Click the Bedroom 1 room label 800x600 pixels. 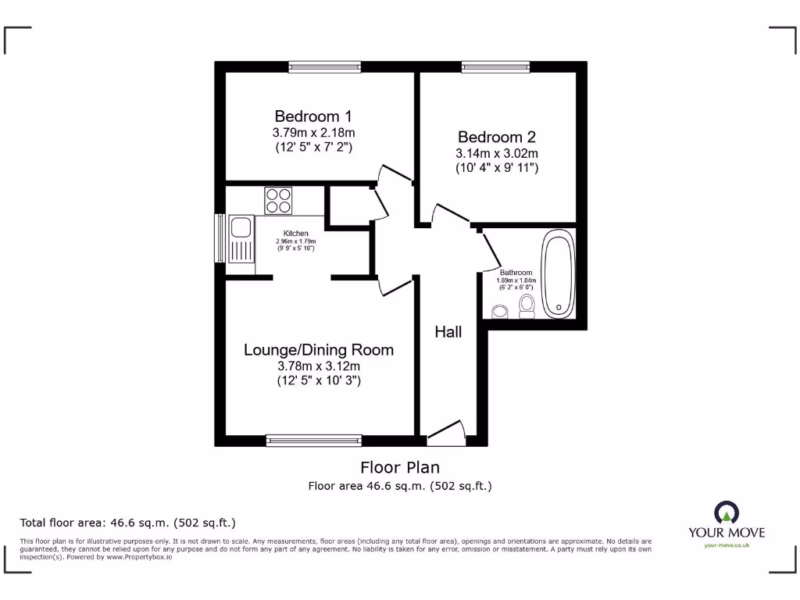[318, 116]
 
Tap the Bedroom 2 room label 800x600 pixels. [497, 136]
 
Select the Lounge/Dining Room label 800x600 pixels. [318, 349]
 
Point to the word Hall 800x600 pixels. [448, 332]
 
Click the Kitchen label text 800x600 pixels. [295, 234]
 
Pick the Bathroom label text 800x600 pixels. [516, 273]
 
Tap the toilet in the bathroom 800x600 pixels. [527, 306]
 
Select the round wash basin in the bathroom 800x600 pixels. [499, 312]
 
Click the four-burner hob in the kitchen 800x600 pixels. [278, 201]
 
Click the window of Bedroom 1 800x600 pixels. [324, 67]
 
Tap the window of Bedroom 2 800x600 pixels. [495, 67]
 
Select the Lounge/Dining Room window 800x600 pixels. [313, 441]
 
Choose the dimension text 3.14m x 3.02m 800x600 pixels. [497, 153]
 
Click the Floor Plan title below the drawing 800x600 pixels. [399, 467]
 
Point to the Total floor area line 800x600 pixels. [127, 523]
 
